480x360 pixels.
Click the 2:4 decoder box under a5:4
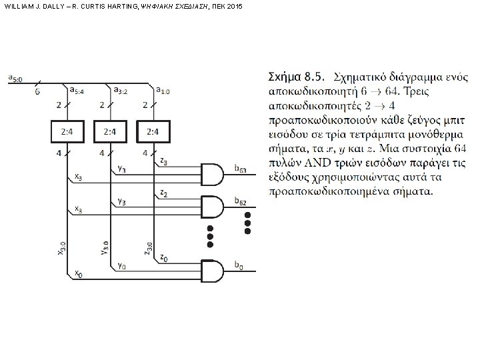67,131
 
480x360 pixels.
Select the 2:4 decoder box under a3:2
110,131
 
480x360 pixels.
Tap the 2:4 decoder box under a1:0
153,131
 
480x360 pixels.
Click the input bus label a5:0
15,79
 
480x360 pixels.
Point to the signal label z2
164,193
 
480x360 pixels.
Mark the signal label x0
78,273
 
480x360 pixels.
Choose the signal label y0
121,265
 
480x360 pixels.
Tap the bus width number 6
37,91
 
